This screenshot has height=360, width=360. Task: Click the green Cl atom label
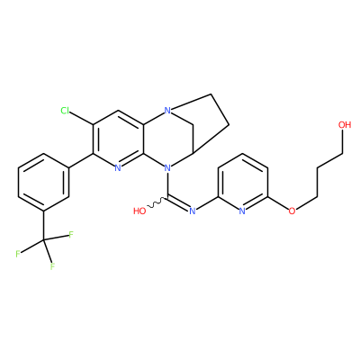click(x=65, y=111)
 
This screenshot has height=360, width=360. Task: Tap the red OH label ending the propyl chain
click(x=345, y=125)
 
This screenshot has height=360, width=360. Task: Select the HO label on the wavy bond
click(x=139, y=211)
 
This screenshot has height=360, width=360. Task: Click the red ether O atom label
click(x=292, y=211)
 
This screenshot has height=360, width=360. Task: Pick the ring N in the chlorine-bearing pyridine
click(x=118, y=168)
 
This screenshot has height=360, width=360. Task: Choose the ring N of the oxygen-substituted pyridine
click(x=242, y=211)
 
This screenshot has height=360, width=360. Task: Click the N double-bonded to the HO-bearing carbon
click(x=193, y=211)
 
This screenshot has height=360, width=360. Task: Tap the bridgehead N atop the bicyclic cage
click(x=167, y=111)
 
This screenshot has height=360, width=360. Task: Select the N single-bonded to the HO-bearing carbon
click(x=167, y=168)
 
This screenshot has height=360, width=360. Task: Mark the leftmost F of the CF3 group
click(x=18, y=254)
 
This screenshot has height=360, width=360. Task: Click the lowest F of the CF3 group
click(x=52, y=265)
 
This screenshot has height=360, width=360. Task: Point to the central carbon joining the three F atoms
click(x=44, y=239)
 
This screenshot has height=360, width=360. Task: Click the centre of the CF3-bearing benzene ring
click(x=44, y=182)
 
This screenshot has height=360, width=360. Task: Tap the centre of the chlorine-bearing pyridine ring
click(x=118, y=139)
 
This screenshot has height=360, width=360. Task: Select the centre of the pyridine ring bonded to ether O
click(x=242, y=182)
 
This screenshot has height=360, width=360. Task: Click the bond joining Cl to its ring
click(x=82, y=119)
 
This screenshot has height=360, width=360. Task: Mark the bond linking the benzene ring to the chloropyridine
click(x=81, y=161)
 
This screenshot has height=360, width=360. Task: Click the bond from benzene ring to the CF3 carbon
click(x=44, y=225)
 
